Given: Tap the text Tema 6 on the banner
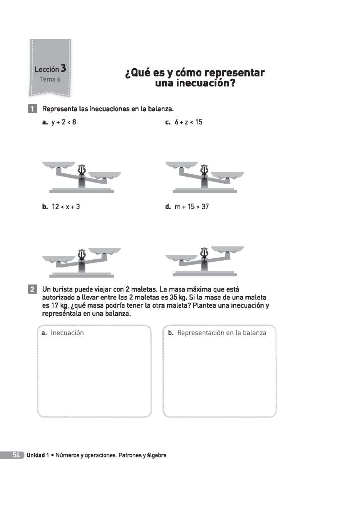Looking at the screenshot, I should point(50,79).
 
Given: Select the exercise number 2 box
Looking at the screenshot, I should point(32,289).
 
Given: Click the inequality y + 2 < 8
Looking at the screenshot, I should point(64,122).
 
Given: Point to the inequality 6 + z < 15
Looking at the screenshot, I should point(188,122).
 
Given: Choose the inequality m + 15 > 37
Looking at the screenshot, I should point(191,207).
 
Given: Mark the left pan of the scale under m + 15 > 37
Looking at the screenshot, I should point(181,258).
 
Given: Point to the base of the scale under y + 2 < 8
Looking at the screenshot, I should point(82,190).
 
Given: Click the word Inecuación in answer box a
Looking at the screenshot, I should point(67,333).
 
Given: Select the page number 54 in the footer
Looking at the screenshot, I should point(16,455).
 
